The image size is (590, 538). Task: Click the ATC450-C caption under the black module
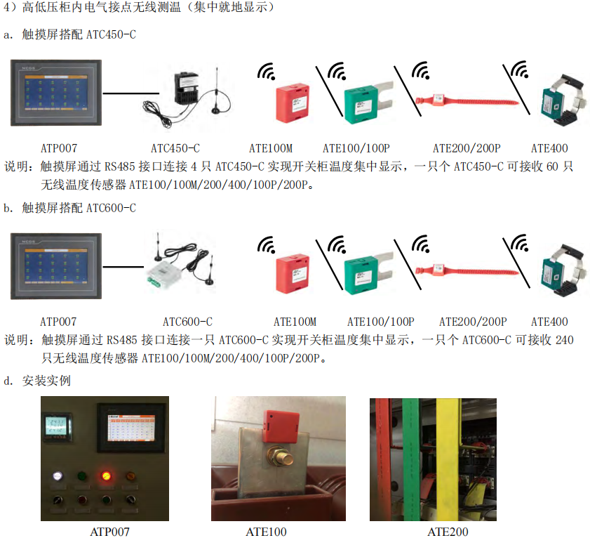[175, 148]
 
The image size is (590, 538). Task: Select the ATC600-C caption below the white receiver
[187, 322]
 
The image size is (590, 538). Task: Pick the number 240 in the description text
[563, 341]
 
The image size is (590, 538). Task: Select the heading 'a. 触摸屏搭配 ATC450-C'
[69, 34]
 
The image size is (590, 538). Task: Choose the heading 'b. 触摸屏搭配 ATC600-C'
[69, 208]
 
